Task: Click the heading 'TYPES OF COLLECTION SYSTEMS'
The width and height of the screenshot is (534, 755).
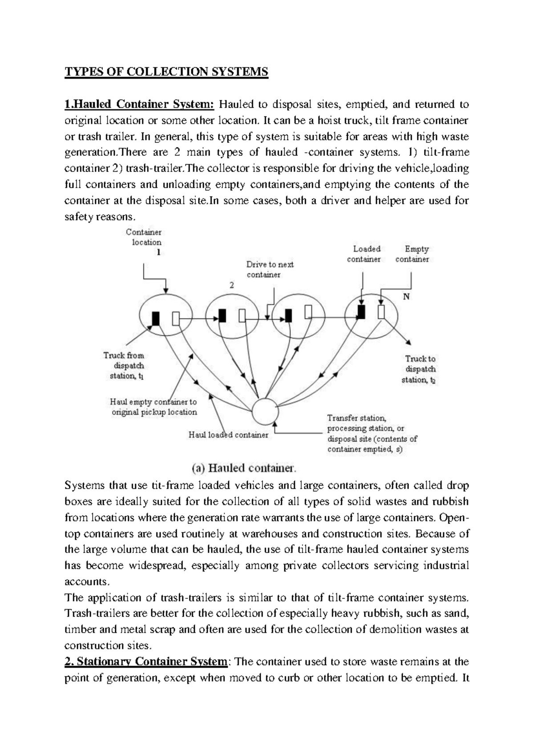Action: pyautogui.click(x=166, y=72)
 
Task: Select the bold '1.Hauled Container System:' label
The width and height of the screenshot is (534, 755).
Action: pyautogui.click(x=140, y=105)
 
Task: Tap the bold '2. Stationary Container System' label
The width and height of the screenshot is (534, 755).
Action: pyautogui.click(x=146, y=662)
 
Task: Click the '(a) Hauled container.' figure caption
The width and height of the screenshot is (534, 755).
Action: pyautogui.click(x=243, y=468)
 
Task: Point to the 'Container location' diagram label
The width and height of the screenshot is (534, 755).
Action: pyautogui.click(x=144, y=237)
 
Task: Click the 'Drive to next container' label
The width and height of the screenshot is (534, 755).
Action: pyautogui.click(x=270, y=269)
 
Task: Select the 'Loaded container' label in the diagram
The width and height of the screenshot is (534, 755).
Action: pyautogui.click(x=364, y=254)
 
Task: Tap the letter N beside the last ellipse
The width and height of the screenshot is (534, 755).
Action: pyautogui.click(x=406, y=297)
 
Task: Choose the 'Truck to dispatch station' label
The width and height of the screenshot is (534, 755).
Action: pyautogui.click(x=420, y=369)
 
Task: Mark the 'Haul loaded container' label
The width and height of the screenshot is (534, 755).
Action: pyautogui.click(x=228, y=435)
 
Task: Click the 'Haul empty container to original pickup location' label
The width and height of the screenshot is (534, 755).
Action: pyautogui.click(x=154, y=407)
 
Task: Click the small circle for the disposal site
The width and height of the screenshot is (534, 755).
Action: pyautogui.click(x=264, y=411)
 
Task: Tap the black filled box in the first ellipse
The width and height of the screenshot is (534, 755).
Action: pyautogui.click(x=155, y=318)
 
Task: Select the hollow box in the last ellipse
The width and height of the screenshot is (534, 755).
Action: pyautogui.click(x=381, y=312)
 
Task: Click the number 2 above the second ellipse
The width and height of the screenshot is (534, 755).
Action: pyautogui.click(x=231, y=286)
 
